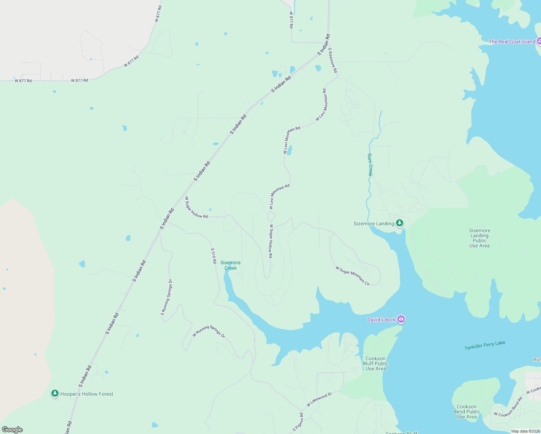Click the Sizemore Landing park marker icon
tap(400, 223)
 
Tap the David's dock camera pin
tap(401, 319)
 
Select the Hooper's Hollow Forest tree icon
tap(55, 393)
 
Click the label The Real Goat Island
tap(512, 42)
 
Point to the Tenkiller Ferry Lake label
tap(485, 345)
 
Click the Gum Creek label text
tap(370, 165)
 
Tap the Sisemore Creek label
tap(230, 265)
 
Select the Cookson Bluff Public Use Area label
tap(376, 363)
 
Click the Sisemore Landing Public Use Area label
tap(480, 238)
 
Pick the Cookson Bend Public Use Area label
tap(467, 412)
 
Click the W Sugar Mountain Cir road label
tap(353, 276)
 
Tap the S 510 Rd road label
tap(214, 255)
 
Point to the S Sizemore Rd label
tap(333, 60)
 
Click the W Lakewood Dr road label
tap(319, 399)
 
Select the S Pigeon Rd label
tap(298, 422)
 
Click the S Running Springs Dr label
tap(166, 297)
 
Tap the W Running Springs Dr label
tap(209, 331)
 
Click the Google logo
tap(12, 430)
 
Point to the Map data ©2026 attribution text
tap(525, 431)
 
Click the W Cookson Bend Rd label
tap(508, 407)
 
